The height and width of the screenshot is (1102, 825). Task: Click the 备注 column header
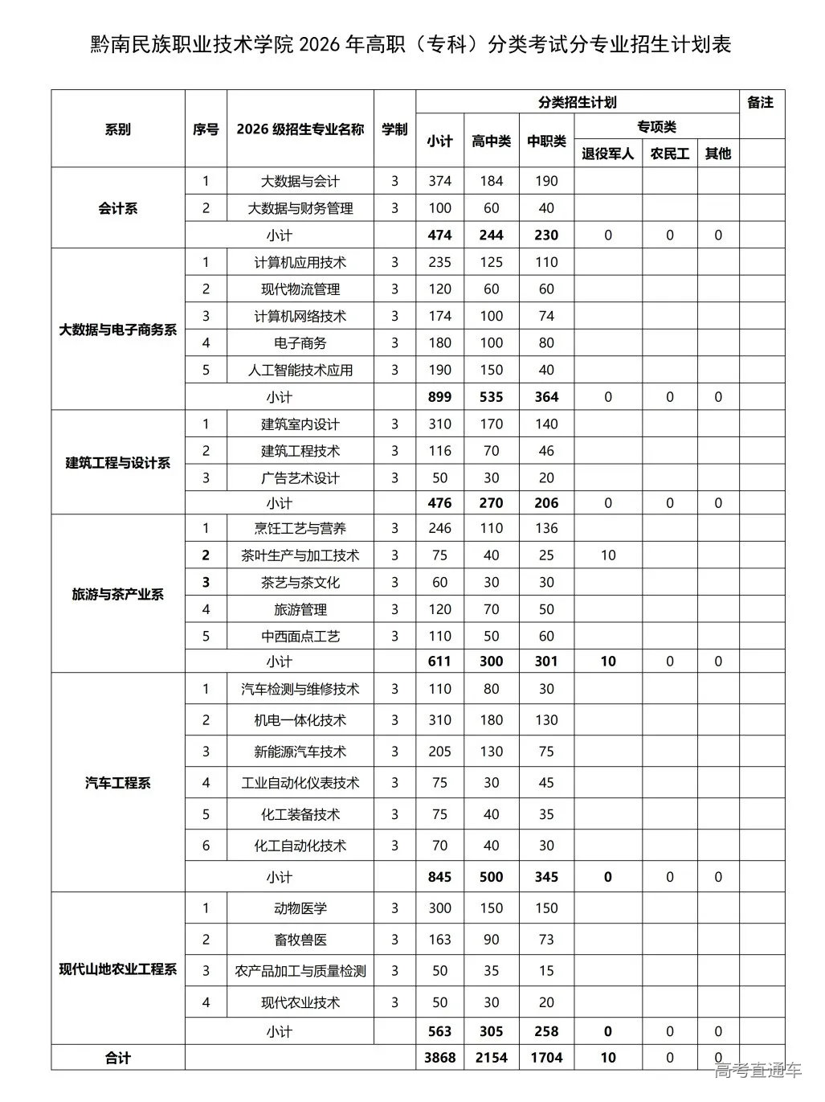pos(760,103)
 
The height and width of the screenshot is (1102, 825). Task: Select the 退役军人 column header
pos(607,154)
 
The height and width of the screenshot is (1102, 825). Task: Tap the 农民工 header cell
pos(669,154)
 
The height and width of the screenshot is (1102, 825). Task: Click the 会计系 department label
pos(118,208)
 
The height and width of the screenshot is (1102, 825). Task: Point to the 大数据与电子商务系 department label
pos(118,330)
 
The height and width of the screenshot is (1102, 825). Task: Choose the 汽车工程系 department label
pos(118,783)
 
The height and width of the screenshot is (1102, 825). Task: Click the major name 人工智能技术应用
pos(300,371)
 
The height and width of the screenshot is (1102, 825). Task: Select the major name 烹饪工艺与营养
pos(300,528)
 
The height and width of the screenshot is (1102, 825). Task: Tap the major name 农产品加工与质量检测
pos(300,971)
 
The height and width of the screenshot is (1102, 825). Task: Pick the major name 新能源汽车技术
pos(300,752)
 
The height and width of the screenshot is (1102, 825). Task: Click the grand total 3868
pos(439,1058)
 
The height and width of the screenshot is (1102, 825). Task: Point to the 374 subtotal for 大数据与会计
pos(439,181)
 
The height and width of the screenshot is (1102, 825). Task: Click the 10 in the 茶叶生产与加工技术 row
pos(607,555)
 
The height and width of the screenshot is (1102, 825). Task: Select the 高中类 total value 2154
pos(491,1058)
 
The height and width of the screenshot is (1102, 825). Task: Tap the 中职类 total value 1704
pos(546,1058)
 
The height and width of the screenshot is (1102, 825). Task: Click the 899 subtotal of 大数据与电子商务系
pos(439,397)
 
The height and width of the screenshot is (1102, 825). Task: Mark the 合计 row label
pos(118,1058)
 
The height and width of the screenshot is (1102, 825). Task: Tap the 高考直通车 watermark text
pos(758,1070)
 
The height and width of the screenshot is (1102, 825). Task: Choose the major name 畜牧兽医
pos(300,940)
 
